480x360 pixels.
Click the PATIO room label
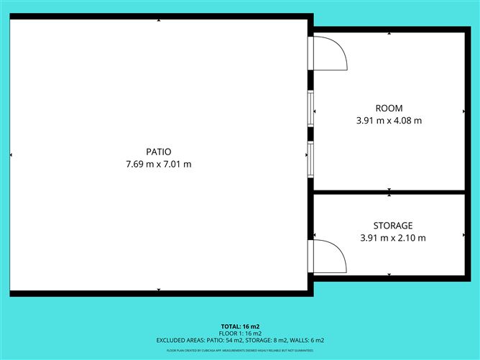tap(159, 152)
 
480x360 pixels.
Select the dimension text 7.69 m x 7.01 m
tap(159, 164)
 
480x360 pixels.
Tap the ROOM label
tap(389, 109)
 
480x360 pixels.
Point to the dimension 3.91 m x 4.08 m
tap(389, 121)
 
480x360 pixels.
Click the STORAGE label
tap(392, 226)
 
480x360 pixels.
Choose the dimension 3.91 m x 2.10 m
tap(392, 238)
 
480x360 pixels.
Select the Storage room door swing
tap(331, 257)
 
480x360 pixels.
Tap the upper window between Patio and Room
tap(311, 106)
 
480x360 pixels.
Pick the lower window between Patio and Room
tap(311, 158)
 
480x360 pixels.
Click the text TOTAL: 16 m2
tap(240, 326)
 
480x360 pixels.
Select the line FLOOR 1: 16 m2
tap(240, 333)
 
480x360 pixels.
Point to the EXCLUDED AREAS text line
tap(240, 340)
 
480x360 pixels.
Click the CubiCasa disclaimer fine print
tap(240, 350)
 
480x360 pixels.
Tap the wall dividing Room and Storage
tap(389, 192)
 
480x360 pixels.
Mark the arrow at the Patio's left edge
tap(11, 154)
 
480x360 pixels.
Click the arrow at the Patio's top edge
tap(159, 20)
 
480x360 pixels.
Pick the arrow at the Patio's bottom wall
tap(159, 290)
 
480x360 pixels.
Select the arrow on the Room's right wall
tap(463, 111)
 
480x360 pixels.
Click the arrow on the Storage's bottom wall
tap(389, 274)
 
